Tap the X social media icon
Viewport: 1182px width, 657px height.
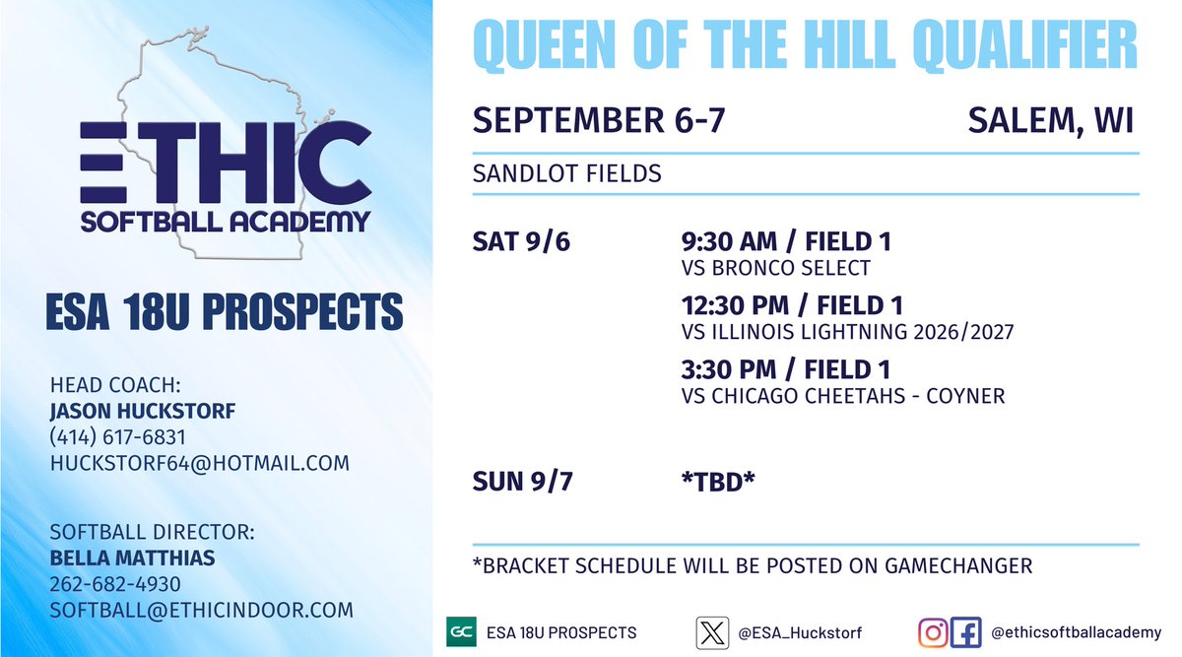tap(712, 631)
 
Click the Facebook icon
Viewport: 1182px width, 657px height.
tap(966, 631)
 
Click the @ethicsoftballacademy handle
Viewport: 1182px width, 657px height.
tap(1076, 632)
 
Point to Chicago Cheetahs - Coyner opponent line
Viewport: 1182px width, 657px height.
tap(842, 396)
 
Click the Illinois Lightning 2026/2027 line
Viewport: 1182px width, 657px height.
tap(847, 332)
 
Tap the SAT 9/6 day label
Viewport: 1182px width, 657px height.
tap(521, 241)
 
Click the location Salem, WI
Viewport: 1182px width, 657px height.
tap(1050, 121)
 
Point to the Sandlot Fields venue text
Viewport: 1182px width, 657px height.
tap(566, 174)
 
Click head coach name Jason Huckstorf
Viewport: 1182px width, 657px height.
tap(142, 411)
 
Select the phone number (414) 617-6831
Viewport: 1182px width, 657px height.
tap(117, 436)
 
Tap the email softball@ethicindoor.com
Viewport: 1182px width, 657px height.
tap(201, 610)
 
